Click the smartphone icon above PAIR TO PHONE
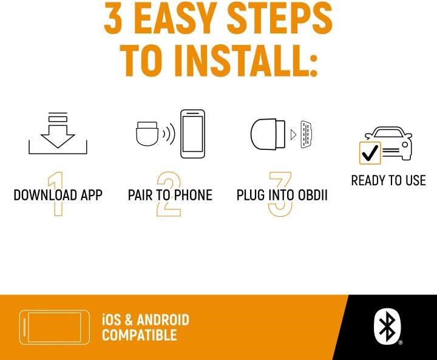(192, 134)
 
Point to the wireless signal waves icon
(169, 134)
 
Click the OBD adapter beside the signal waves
(147, 134)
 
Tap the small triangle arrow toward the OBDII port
(293, 135)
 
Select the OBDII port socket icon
(306, 134)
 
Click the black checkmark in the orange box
(370, 153)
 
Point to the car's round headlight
(405, 145)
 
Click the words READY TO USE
(388, 180)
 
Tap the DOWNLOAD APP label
(58, 195)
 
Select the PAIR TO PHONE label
(170, 195)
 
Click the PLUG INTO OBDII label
(282, 195)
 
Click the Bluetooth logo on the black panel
(387, 327)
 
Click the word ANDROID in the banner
(163, 320)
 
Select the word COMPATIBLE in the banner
(140, 335)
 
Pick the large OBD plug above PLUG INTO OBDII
(268, 135)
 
